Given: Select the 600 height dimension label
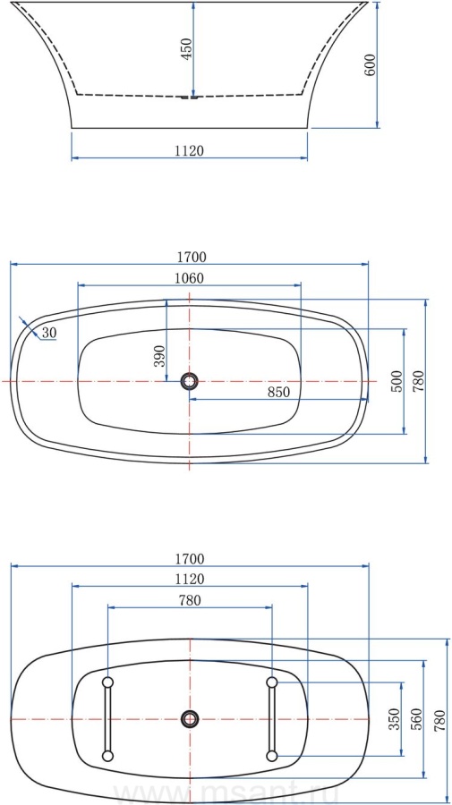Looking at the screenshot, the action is point(370,64).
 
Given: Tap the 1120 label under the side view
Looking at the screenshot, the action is point(190,150).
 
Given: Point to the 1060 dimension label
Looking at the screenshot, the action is point(190,278).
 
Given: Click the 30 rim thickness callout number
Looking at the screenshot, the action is point(49,333).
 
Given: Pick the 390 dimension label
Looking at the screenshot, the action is point(159,356).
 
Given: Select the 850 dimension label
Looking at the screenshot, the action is point(279,392).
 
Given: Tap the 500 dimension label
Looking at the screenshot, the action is point(396,381).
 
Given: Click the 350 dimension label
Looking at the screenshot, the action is point(395,719).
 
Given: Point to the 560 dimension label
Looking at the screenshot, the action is point(415,719).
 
